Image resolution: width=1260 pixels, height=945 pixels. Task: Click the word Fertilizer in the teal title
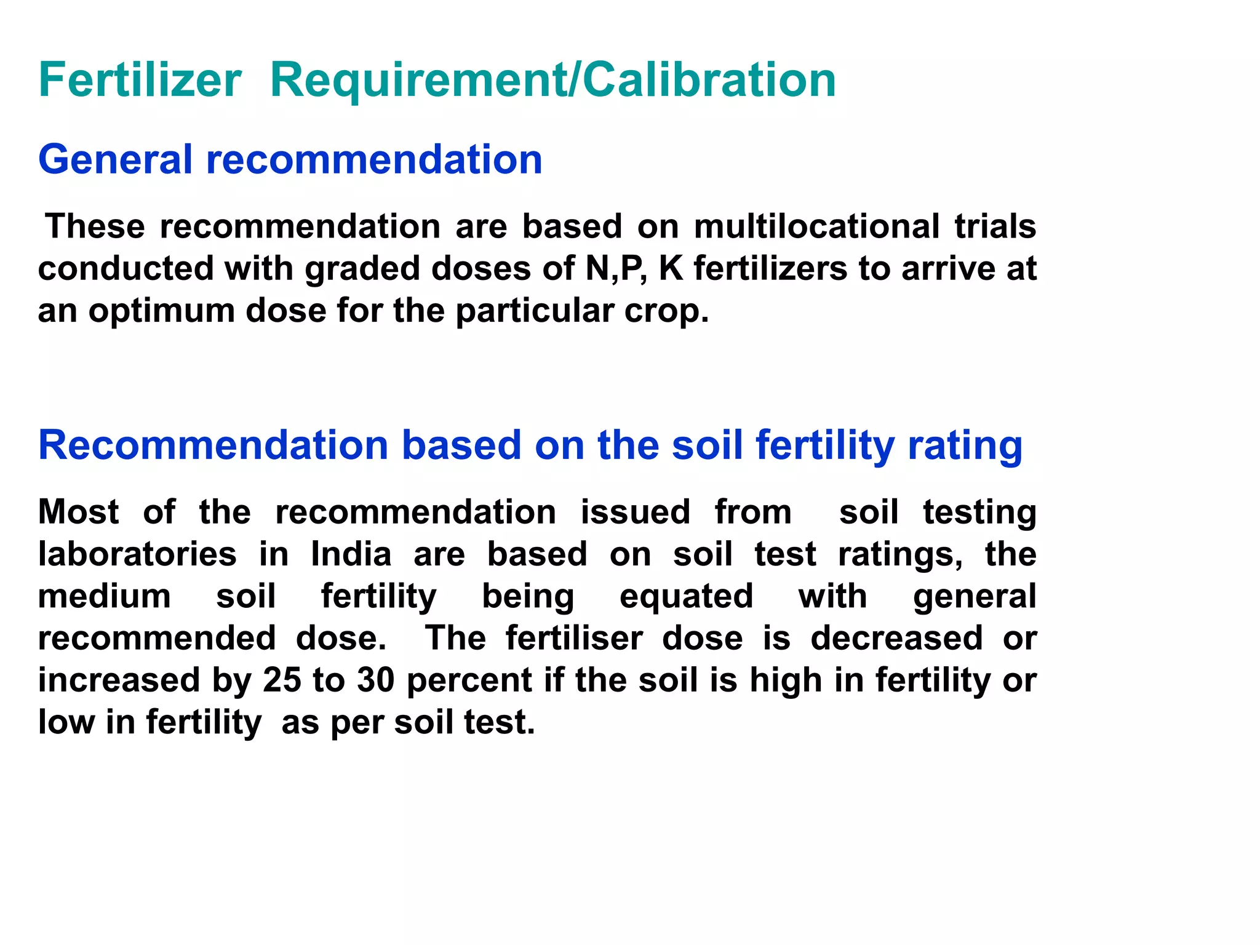[140, 80]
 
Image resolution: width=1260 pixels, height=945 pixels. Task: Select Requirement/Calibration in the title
[552, 80]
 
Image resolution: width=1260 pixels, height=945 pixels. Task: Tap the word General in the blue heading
[115, 159]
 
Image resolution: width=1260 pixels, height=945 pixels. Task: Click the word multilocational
[816, 226]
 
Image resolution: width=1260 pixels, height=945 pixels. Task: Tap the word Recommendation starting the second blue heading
[213, 444]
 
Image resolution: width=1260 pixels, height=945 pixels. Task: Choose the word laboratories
[137, 554]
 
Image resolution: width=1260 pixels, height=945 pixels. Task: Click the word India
[351, 554]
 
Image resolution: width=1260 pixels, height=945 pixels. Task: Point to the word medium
[105, 596]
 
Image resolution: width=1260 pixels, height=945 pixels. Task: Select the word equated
[686, 596]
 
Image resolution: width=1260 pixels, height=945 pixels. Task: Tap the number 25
[282, 680]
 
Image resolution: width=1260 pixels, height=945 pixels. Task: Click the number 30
[375, 680]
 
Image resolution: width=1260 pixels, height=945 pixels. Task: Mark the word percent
[469, 680]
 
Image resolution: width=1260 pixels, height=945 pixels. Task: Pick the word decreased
[896, 638]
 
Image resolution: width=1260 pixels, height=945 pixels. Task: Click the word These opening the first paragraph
[95, 226]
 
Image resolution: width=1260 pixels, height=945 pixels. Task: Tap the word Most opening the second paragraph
[79, 512]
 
